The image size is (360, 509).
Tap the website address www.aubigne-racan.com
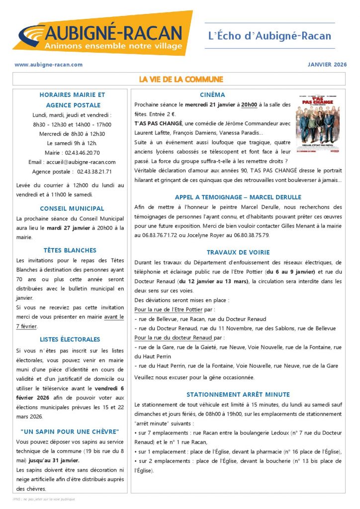pos(49,65)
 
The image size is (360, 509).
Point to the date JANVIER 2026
pos(326,65)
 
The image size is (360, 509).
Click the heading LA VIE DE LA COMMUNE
pos(180,80)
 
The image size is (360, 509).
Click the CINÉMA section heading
pos(212,95)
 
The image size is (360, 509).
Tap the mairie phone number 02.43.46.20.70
pos(83,153)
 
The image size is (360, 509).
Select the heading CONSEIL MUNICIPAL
pos(72,209)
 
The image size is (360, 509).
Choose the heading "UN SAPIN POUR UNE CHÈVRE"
pos(70,431)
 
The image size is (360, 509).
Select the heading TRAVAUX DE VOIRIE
pos(238,253)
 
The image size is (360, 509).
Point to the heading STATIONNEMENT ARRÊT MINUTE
pos(238,395)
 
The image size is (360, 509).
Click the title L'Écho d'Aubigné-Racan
pos(269,36)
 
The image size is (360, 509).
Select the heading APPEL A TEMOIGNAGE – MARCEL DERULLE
pos(238,197)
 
